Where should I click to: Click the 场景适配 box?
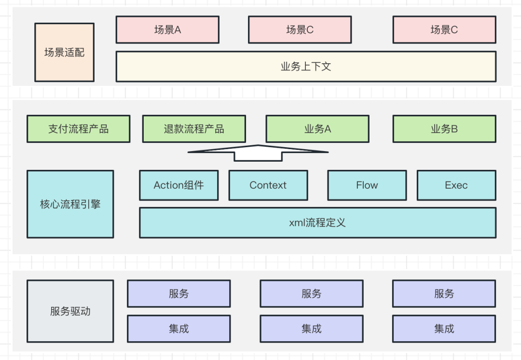64,52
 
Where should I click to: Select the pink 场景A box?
167,30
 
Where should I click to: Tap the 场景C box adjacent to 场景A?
300,30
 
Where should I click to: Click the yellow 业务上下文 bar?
306,67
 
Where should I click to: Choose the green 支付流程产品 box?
78,129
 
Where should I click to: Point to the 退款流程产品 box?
194,129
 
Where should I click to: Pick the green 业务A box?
317,129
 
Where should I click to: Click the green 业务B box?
444,129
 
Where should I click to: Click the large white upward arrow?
258,152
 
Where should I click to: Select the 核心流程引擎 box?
70,204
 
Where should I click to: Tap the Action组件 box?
178,185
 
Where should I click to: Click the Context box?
268,185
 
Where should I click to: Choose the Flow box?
367,185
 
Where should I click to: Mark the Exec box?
456,185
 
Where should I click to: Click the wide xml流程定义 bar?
317,223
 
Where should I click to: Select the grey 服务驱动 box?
70,311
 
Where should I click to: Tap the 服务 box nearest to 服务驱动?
178,293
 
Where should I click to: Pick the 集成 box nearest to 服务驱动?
178,329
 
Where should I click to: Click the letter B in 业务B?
454,129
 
